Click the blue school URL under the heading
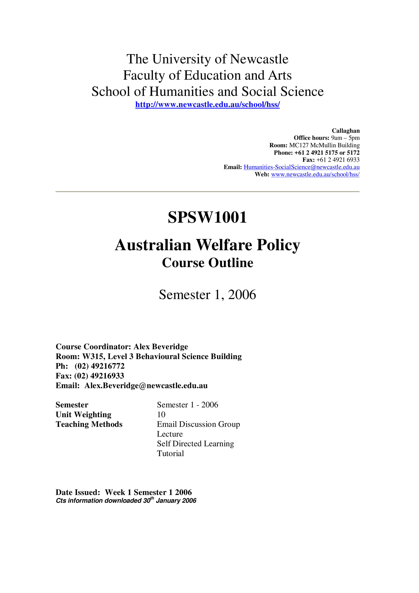tap(207, 105)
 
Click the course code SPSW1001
tap(207, 217)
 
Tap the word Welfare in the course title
tap(224, 245)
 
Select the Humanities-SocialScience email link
tap(301, 167)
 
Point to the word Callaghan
tap(345, 131)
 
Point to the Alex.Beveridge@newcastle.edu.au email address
tap(146, 386)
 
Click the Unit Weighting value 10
tap(161, 415)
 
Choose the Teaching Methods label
tap(89, 424)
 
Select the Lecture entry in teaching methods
tap(170, 434)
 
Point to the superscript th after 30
tap(152, 498)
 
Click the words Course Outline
tap(207, 263)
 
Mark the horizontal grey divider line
tap(207, 192)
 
